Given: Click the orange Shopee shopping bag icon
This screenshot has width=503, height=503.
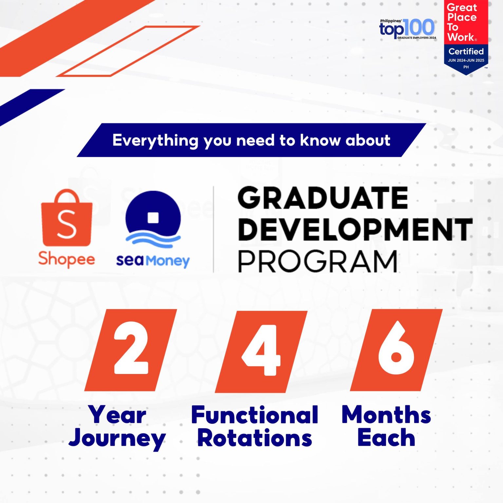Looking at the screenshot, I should pos(66,218).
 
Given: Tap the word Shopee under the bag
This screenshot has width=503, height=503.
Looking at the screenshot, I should pos(66,259).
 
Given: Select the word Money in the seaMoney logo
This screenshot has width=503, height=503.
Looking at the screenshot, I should pos(168,261).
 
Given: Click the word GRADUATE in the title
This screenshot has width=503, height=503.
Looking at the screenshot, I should pos(323,198).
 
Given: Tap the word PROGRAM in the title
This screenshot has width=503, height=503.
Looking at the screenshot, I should pos(317,262).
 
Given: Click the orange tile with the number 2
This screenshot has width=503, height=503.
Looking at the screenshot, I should pos(131,350).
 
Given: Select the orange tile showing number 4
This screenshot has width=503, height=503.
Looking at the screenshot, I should pos(261,351).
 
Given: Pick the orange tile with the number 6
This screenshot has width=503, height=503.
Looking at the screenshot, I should pos(396,350).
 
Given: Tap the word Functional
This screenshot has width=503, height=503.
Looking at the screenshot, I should pos(254,415).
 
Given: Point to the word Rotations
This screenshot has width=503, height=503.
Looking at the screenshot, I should pos(254,438).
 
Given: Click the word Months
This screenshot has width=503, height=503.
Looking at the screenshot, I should pos(386,415).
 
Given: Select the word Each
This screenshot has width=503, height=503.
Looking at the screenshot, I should pos(386,438).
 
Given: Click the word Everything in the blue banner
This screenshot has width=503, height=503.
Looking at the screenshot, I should pos(155,140).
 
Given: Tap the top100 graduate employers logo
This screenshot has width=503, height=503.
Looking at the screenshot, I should pos(407,29).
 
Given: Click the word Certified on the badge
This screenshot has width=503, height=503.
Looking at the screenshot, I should pos(466,51).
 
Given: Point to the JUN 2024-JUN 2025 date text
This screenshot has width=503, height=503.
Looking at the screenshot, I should pos(466,60).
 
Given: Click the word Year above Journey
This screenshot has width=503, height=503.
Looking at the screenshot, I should pos(117,415).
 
